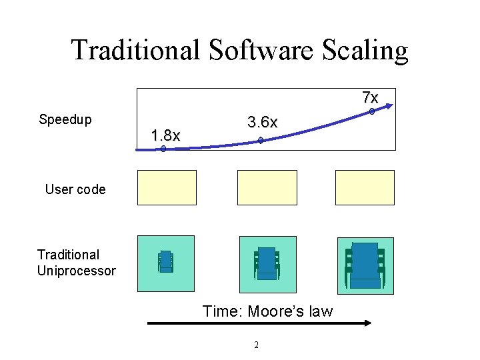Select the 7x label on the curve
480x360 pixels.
[x=370, y=97]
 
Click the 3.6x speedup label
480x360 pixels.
[x=262, y=123]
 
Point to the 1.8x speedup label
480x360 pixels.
[x=165, y=135]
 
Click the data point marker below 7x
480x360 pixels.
[x=372, y=112]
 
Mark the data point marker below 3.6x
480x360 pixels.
[x=261, y=141]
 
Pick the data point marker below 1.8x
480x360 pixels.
[x=163, y=149]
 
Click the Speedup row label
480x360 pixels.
[x=65, y=120]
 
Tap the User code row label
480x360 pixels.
[x=75, y=189]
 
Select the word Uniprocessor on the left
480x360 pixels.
[x=77, y=271]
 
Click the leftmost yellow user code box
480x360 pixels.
[x=167, y=187]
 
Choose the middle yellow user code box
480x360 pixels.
[x=267, y=187]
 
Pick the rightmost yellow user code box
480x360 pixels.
[x=365, y=187]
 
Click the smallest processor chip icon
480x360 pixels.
[x=166, y=261]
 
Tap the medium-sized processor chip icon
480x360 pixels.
[x=267, y=263]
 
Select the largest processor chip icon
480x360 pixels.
[x=365, y=265]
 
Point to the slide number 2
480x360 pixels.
[x=256, y=345]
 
